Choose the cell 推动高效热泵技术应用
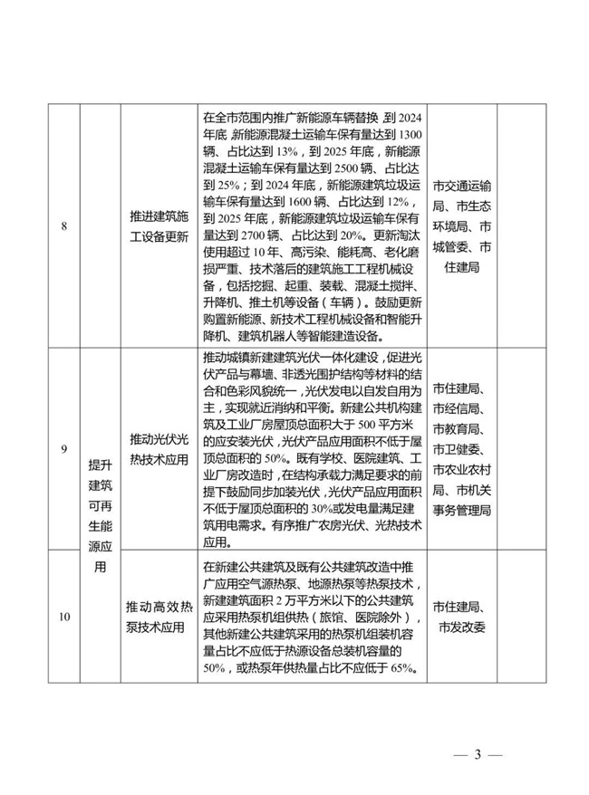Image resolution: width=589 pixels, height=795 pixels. pyautogui.click(x=159, y=618)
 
